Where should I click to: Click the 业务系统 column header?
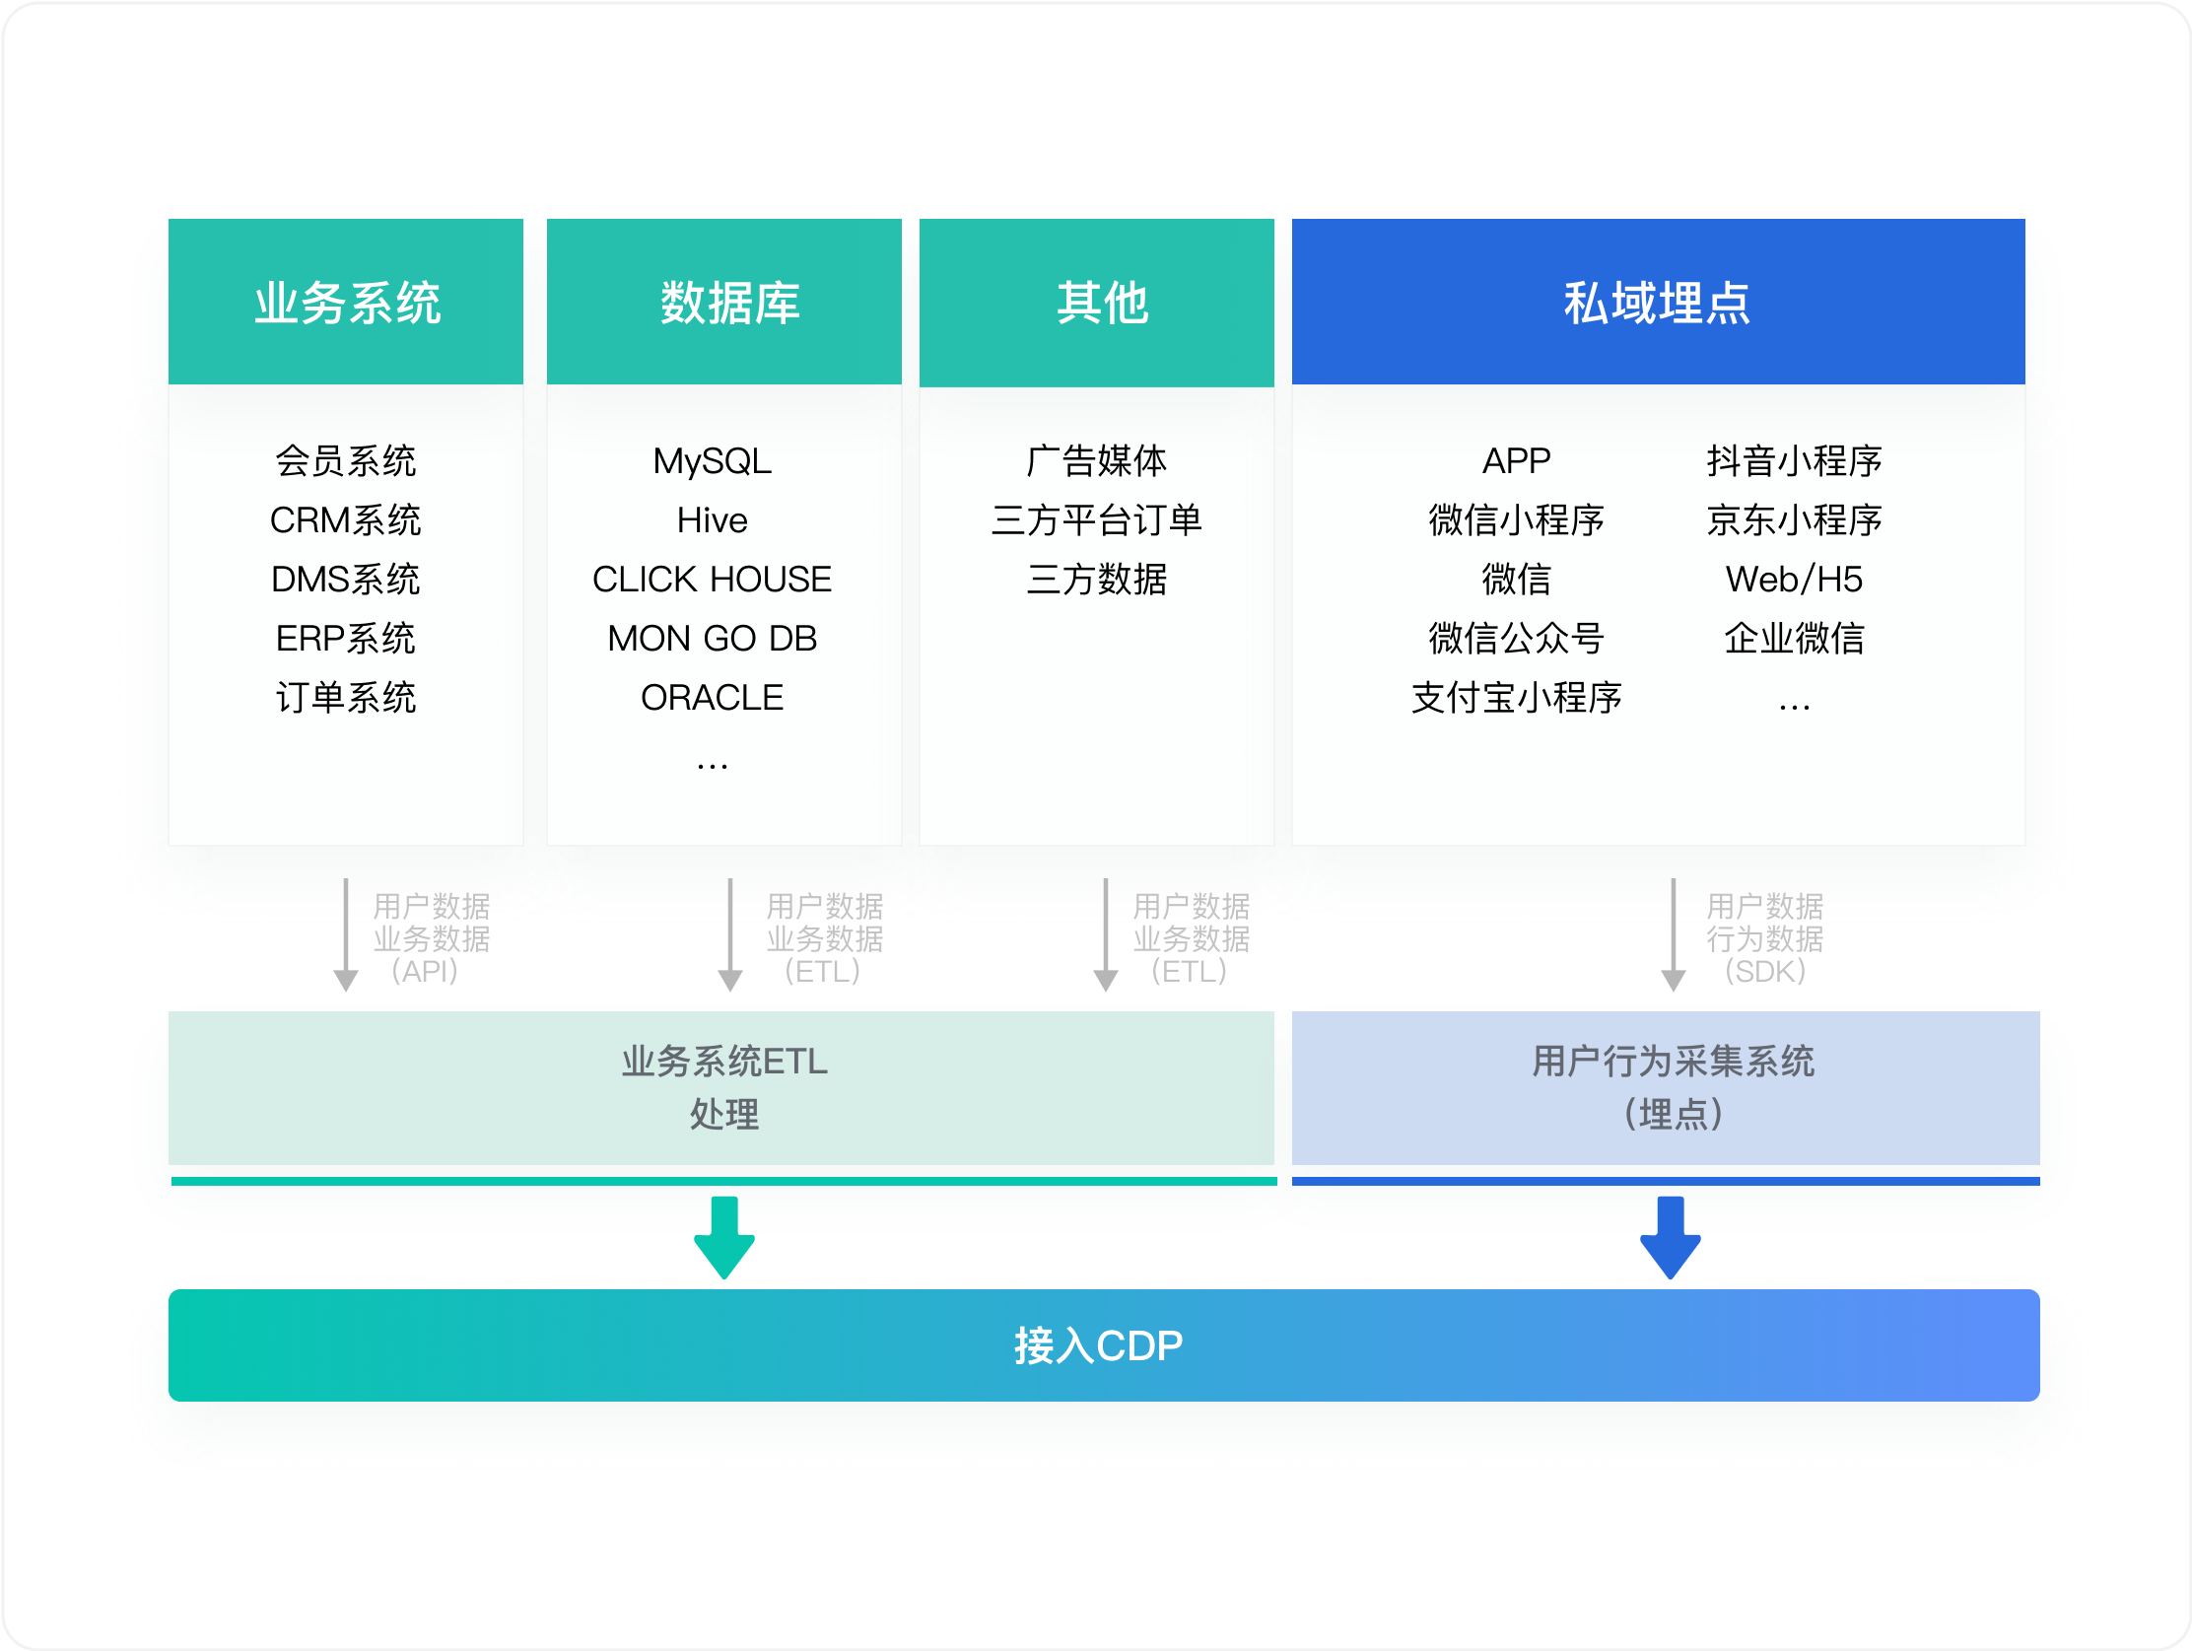[x=346, y=302]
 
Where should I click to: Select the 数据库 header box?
[x=724, y=302]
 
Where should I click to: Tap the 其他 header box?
[x=1097, y=303]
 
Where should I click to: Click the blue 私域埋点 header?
[x=1659, y=302]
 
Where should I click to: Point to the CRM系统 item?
[x=346, y=520]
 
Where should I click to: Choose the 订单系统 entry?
[x=346, y=698]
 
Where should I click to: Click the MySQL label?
[x=713, y=462]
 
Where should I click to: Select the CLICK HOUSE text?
[x=713, y=580]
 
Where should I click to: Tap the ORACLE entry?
[x=713, y=698]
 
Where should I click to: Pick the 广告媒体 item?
[x=1097, y=461]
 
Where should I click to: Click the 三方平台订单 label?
[x=1097, y=520]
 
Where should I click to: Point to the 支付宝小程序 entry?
[x=1517, y=698]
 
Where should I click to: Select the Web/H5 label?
[x=1795, y=580]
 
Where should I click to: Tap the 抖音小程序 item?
[x=1795, y=461]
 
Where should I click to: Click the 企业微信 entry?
[x=1795, y=638]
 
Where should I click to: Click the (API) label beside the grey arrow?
[x=425, y=971]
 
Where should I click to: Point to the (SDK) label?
[x=1766, y=971]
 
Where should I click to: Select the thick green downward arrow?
[x=724, y=1238]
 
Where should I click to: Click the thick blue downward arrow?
[x=1671, y=1238]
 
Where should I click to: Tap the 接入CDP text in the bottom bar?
[x=1098, y=1345]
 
